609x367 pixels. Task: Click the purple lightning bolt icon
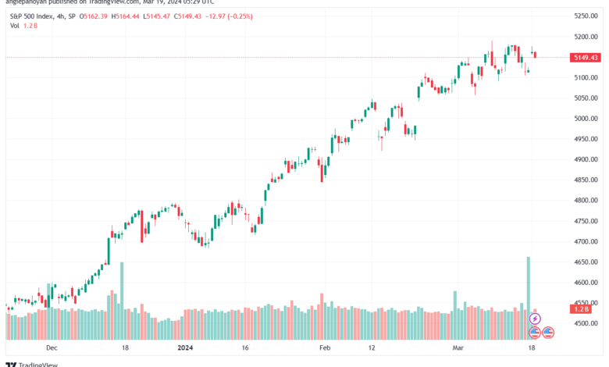point(535,319)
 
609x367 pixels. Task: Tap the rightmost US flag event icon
point(548,332)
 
